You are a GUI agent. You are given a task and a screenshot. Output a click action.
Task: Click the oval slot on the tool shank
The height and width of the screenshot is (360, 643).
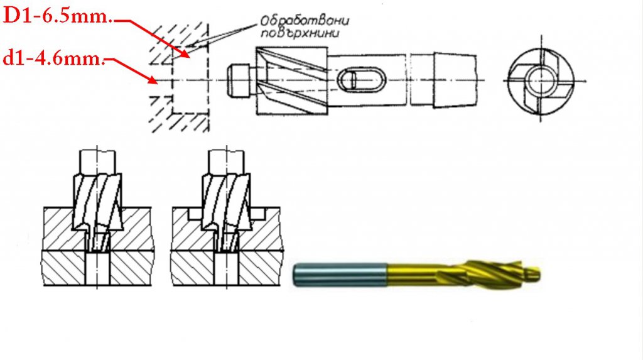click(x=354, y=80)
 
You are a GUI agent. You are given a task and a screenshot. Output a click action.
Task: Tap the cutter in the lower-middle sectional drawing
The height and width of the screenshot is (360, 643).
click(x=226, y=201)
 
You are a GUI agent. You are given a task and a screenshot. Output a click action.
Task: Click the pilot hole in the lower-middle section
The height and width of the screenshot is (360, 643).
click(x=227, y=267)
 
